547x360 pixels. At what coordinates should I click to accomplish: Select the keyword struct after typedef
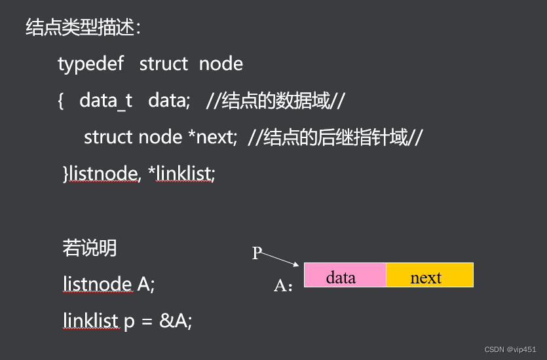[164, 63]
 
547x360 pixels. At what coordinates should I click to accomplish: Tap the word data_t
[105, 100]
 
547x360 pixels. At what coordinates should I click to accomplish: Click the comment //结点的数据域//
[275, 100]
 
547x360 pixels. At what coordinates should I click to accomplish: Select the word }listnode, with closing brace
[101, 173]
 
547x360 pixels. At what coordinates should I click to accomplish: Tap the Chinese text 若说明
[90, 247]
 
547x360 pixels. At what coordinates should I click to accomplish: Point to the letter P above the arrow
[257, 253]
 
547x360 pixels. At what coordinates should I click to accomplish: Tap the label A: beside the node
[283, 286]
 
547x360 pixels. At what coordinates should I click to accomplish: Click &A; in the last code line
[176, 321]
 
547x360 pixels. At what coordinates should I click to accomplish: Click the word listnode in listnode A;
[97, 284]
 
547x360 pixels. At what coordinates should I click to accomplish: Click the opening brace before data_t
[61, 100]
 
